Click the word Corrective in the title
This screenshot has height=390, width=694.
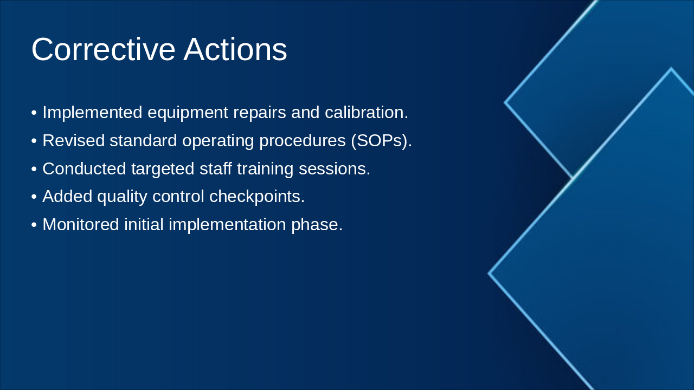(x=104, y=49)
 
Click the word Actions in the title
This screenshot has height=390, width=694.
(x=235, y=49)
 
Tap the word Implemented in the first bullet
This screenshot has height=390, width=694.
(x=92, y=113)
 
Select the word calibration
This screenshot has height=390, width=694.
(x=367, y=112)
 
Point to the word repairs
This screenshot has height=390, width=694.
(x=260, y=113)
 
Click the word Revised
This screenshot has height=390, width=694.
(x=73, y=140)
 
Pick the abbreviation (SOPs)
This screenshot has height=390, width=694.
(x=382, y=141)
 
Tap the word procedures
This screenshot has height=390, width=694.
(x=303, y=141)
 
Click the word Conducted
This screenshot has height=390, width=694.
(x=84, y=168)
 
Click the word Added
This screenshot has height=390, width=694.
(x=67, y=197)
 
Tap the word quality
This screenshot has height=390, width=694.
(x=122, y=197)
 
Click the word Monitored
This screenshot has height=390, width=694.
(x=81, y=224)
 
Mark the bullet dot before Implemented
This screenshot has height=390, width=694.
(x=34, y=113)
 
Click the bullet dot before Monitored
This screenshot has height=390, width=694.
(x=34, y=225)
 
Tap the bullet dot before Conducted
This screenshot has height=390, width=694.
(x=34, y=170)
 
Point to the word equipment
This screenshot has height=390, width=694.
(x=188, y=113)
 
